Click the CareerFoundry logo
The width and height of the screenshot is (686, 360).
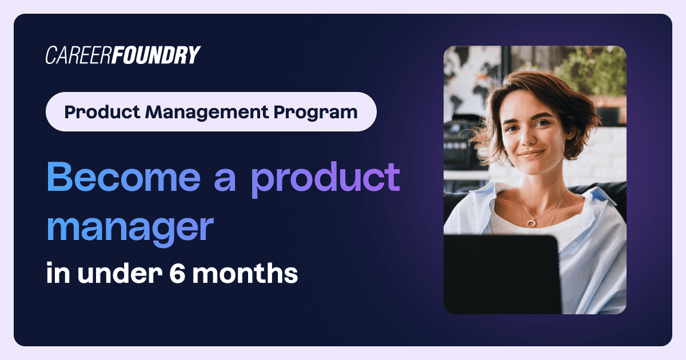123,55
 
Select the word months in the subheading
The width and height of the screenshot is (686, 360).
245,273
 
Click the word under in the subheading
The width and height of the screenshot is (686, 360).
119,273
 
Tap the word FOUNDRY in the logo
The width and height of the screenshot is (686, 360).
155,55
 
